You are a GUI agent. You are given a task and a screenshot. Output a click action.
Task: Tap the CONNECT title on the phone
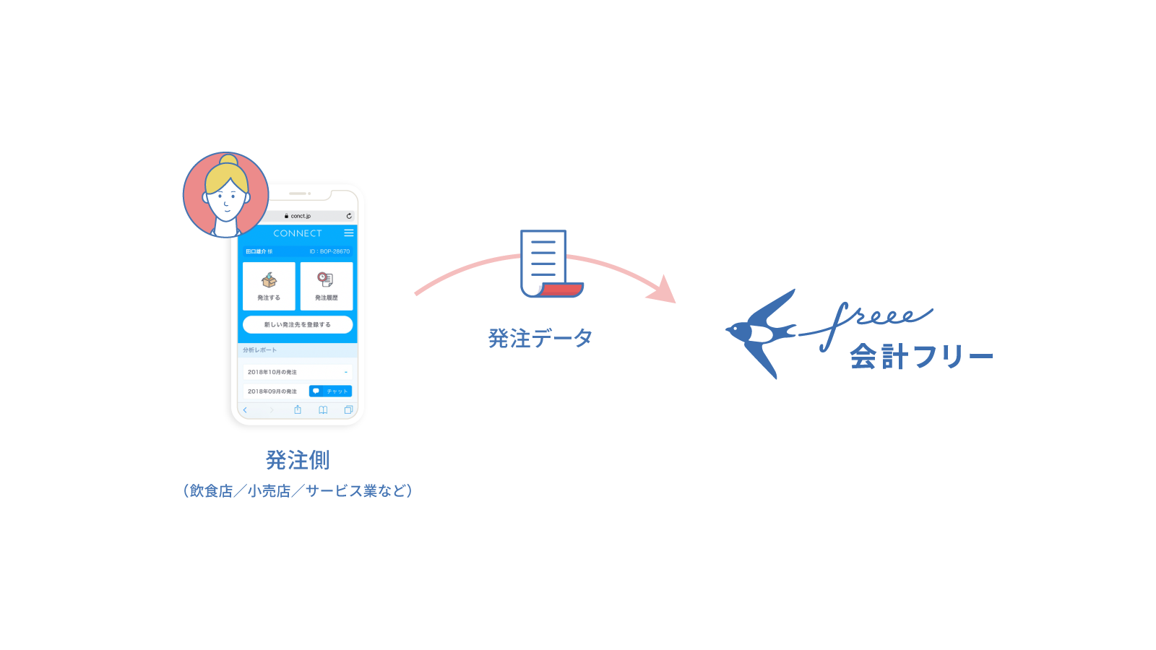point(297,233)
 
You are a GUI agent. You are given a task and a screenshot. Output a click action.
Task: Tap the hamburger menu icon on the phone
point(349,233)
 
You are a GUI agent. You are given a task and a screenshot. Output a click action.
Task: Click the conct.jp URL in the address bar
point(300,216)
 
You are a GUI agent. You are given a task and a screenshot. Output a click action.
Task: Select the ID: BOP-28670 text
point(329,251)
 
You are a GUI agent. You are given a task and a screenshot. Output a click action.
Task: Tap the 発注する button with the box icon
point(269,286)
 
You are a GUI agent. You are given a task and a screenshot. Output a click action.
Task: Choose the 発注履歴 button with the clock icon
point(327,286)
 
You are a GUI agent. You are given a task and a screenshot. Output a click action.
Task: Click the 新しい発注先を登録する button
point(298,325)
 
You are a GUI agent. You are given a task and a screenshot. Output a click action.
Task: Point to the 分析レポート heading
point(260,350)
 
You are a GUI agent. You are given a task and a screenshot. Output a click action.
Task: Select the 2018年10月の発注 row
point(297,372)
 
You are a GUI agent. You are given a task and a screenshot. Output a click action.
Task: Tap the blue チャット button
point(330,391)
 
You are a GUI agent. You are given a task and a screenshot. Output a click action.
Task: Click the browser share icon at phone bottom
point(298,410)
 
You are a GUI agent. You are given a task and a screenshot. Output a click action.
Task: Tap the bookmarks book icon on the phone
point(323,410)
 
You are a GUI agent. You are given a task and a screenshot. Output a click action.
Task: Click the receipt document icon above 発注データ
point(549,264)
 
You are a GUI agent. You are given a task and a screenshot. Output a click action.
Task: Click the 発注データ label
point(540,338)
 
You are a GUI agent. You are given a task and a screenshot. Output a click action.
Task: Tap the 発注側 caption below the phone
point(297,460)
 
